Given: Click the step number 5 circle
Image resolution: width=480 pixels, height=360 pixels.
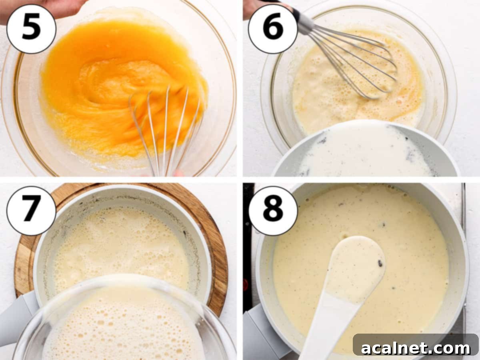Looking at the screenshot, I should point(31,28).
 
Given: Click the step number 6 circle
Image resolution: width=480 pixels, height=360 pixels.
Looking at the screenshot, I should point(273,28).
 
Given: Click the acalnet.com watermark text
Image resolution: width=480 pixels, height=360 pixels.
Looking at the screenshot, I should point(416,348).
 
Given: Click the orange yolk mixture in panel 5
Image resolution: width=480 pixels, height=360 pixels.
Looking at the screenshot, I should point(100,80).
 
